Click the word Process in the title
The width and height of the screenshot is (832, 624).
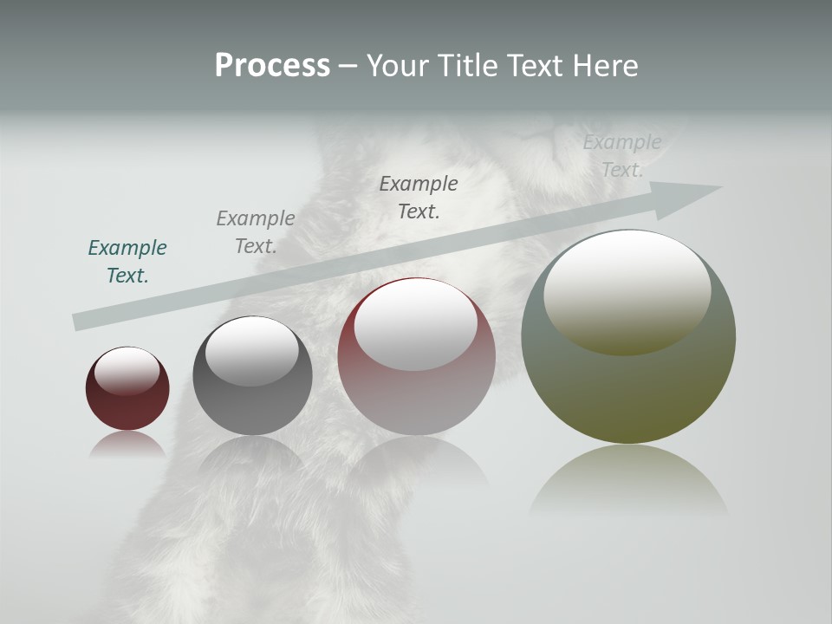click(x=272, y=66)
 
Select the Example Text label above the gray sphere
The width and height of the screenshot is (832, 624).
click(x=256, y=232)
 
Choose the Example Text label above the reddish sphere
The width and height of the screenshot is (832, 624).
click(x=419, y=197)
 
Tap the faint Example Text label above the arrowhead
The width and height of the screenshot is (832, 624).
click(x=621, y=156)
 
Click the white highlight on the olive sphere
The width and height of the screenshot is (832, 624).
click(x=627, y=290)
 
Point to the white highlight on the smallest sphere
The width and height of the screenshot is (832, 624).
click(x=127, y=371)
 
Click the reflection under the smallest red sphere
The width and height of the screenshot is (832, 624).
click(x=127, y=444)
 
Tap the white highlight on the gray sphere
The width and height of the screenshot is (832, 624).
click(x=251, y=350)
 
